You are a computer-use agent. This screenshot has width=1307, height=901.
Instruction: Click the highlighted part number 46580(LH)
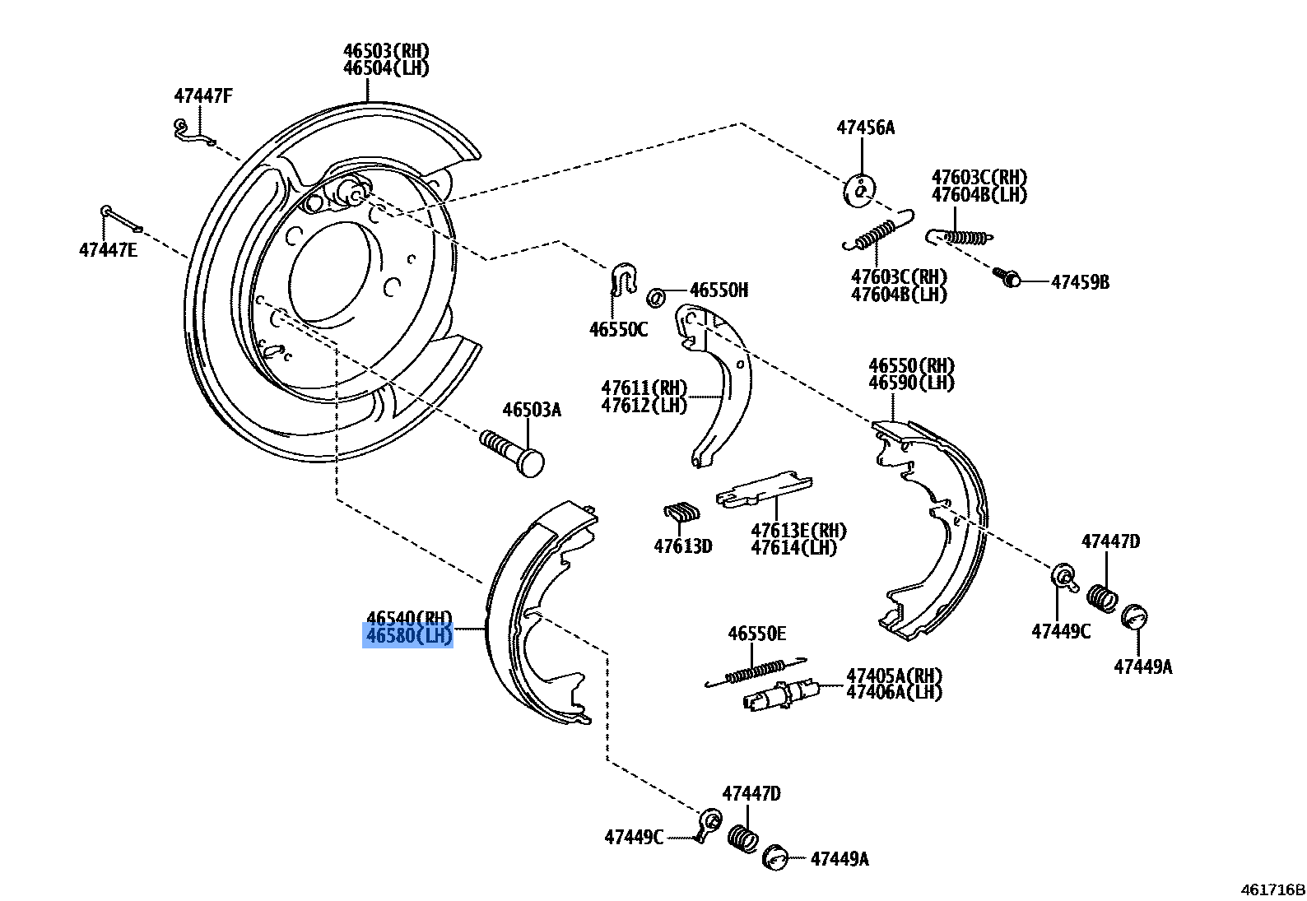click(x=408, y=635)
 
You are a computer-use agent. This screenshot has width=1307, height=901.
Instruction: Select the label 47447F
click(x=203, y=96)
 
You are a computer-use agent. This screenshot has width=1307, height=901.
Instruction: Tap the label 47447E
click(x=109, y=249)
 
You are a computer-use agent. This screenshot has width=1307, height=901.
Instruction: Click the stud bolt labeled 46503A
click(x=512, y=452)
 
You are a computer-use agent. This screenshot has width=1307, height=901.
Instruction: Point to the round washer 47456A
click(x=859, y=191)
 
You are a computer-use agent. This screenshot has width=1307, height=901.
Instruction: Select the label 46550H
click(x=719, y=290)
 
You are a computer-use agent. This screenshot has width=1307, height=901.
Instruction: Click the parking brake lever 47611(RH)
click(x=721, y=387)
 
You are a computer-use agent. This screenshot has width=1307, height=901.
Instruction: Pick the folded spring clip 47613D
click(x=682, y=513)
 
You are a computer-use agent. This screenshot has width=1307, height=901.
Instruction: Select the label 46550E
click(x=756, y=634)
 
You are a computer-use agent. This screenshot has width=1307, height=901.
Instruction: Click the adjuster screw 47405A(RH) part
click(x=778, y=695)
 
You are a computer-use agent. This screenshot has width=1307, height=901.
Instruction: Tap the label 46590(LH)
click(x=911, y=383)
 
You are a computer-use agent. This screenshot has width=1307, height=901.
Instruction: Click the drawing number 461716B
click(x=1273, y=889)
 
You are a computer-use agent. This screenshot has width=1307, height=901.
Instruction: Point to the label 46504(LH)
click(x=386, y=68)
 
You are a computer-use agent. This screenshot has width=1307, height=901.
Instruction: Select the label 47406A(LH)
click(x=894, y=692)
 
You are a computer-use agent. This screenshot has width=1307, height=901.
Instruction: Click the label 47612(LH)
click(x=643, y=406)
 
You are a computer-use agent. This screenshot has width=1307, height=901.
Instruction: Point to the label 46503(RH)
click(x=386, y=51)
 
